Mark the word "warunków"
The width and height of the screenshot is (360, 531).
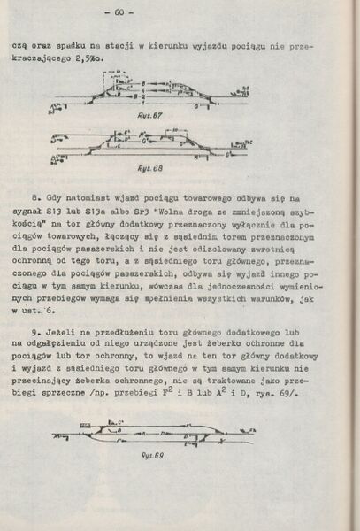click(x=271, y=301)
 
